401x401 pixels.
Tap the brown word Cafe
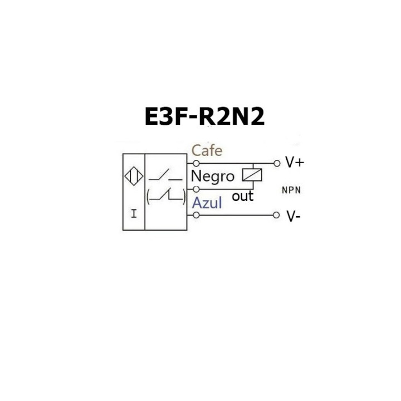pos(207,150)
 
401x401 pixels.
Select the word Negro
pos(213,176)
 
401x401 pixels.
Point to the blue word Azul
pos(207,203)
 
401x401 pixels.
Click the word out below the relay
pos(242,196)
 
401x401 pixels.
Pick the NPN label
pos(291,190)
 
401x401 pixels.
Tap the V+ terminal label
pos(295,162)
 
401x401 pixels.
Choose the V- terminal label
pos(294,216)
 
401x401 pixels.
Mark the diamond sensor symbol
pos(133,177)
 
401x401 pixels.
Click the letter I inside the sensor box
pos(133,213)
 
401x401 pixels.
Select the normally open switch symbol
pos(165,177)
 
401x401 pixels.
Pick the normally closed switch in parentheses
pos(165,195)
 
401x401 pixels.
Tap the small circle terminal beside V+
pos(276,163)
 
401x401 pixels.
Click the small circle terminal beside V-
pos(276,215)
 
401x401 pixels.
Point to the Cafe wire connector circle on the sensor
pos(196,163)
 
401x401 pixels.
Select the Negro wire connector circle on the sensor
pos(196,189)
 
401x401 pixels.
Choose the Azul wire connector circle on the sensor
pos(196,215)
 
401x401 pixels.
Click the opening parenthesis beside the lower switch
pos(149,195)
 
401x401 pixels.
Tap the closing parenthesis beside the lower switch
pos(184,195)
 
